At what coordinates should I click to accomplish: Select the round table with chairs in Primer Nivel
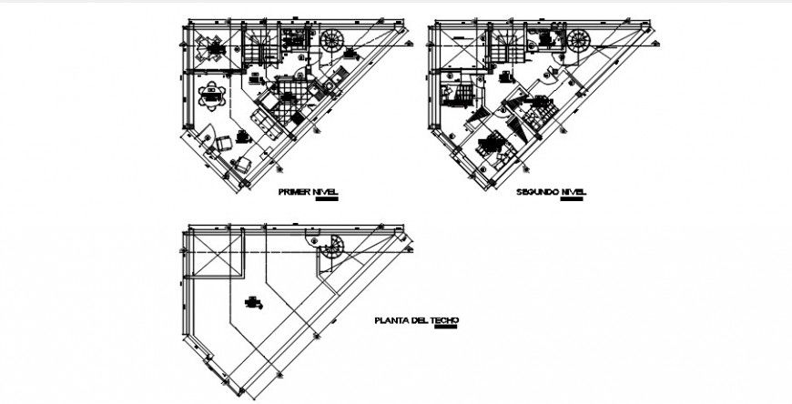(214, 96)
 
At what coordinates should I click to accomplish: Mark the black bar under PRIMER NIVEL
(322, 201)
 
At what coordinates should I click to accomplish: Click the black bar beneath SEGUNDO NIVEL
(572, 201)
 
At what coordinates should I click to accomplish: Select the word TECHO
(444, 320)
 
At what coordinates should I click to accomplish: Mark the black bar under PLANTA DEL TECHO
(446, 328)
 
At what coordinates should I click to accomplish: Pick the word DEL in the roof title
(421, 320)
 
